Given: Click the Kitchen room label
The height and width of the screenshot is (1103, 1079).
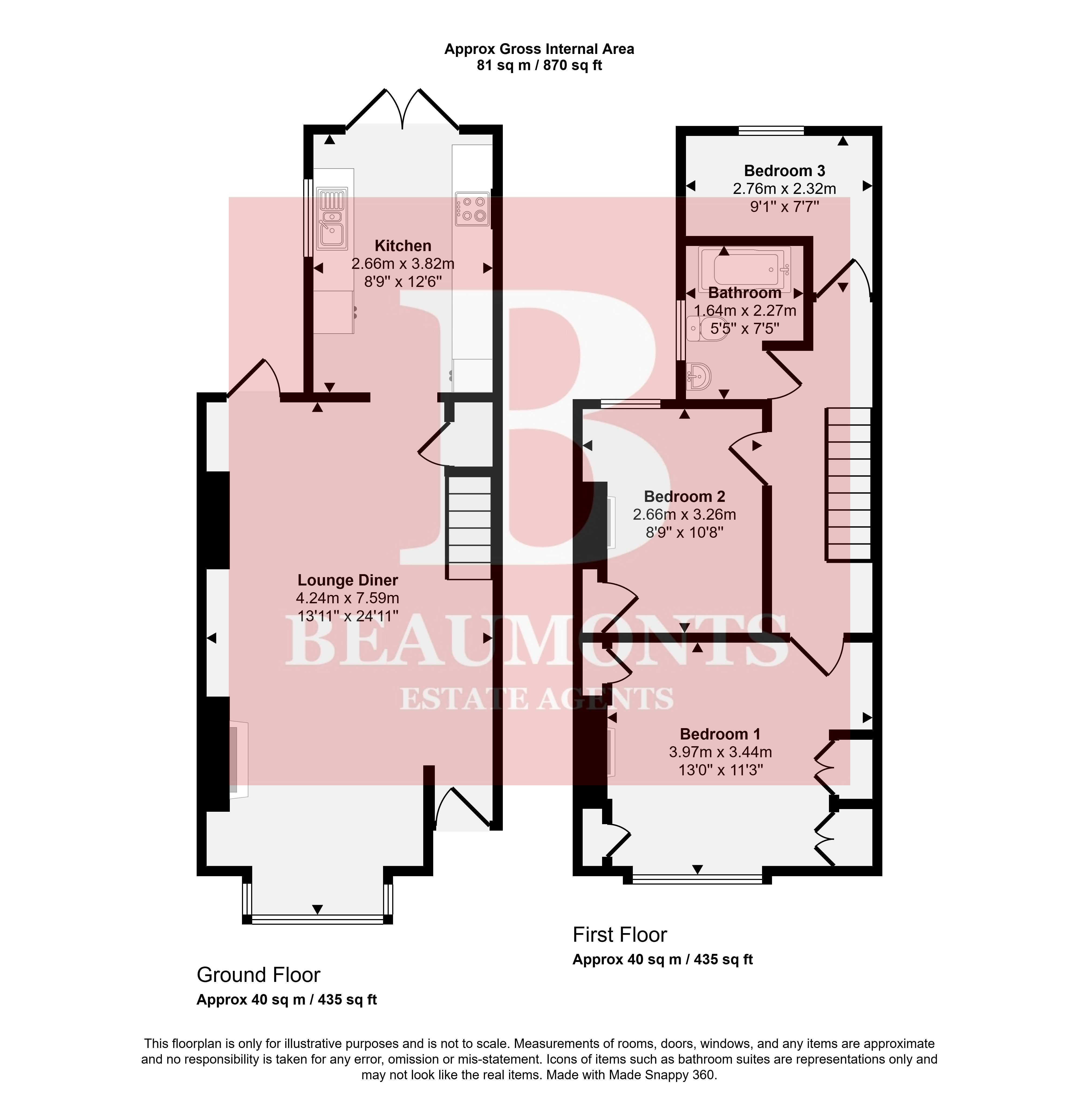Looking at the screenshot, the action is click(403, 246).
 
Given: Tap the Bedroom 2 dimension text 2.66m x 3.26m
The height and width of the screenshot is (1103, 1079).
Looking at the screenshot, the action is click(685, 514).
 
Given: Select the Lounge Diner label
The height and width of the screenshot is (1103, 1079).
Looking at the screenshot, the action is click(348, 580).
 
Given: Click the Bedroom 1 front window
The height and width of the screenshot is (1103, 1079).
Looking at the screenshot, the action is click(698, 879).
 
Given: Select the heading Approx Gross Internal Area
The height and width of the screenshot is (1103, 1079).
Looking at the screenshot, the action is click(539, 49).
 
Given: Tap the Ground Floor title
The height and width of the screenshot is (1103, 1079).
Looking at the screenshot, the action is click(258, 974).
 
